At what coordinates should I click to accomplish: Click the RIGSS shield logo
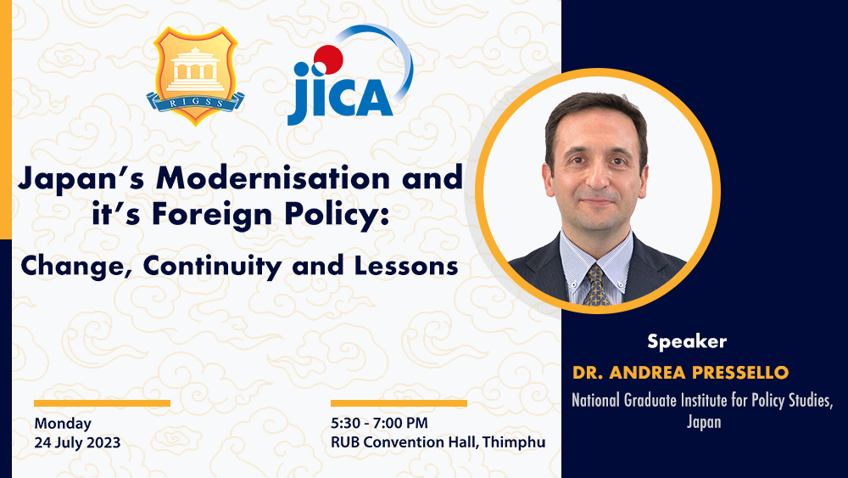tap(195, 76)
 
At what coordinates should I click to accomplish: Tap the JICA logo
tap(350, 75)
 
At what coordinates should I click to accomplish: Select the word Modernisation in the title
tap(273, 178)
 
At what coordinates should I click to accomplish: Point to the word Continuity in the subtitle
tap(212, 266)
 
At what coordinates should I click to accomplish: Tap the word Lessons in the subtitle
tap(406, 266)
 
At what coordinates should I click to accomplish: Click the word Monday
tap(63, 424)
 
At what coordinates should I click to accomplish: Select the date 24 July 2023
tap(77, 442)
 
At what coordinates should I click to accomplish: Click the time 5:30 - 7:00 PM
tap(379, 423)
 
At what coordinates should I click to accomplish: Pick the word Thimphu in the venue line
tap(514, 442)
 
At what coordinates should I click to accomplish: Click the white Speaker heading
tap(687, 341)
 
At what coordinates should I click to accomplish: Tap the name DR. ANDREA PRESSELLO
tap(680, 373)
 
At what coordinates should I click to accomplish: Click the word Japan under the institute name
tap(704, 422)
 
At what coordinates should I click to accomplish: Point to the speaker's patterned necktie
tap(596, 284)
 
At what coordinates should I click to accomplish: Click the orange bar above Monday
tap(103, 403)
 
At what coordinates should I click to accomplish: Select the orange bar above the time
tap(399, 403)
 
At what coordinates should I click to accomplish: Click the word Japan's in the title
tap(81, 178)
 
